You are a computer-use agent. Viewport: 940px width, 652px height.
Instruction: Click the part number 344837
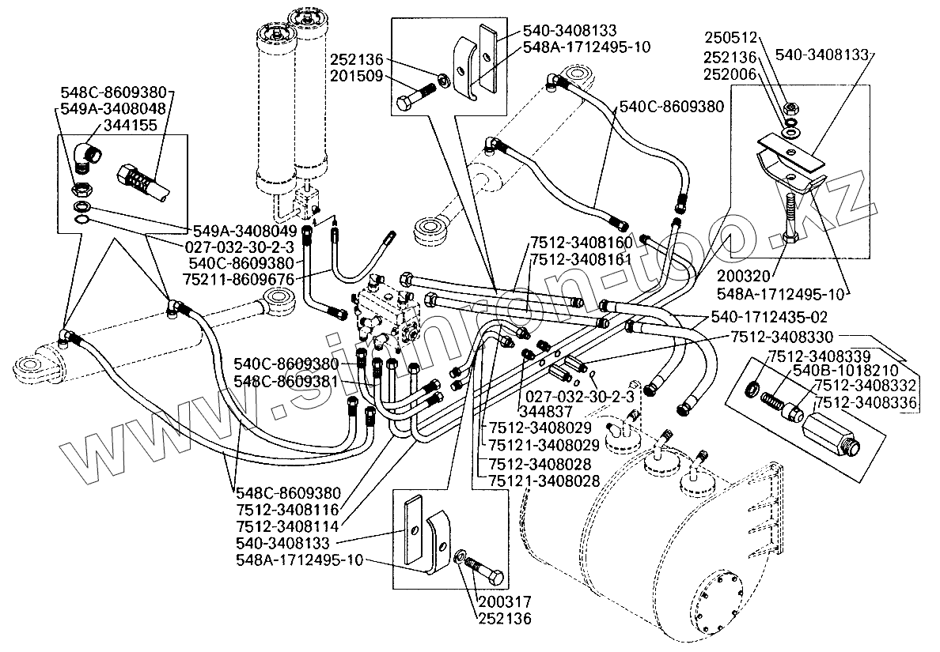coord(547,412)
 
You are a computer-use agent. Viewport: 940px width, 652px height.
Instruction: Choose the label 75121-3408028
coord(544,479)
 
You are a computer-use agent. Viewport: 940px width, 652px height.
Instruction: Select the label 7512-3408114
coord(288,525)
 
